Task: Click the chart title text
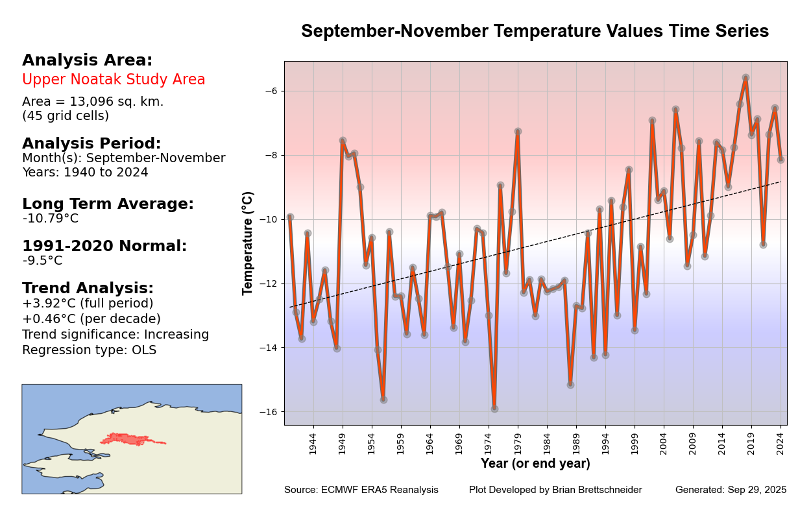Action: pos(535,31)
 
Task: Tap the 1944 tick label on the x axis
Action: pos(313,444)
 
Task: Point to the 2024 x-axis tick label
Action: pos(781,444)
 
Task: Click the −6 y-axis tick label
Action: pos(271,91)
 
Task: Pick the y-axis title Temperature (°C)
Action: pos(248,243)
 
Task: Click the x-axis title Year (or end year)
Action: pos(535,464)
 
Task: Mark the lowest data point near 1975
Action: pos(494,409)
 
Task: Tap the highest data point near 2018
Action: pos(745,77)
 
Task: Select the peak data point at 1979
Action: pos(518,131)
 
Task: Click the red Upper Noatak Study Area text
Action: pos(114,80)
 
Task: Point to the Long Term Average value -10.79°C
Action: pos(51,219)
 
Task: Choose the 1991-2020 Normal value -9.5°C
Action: pos(43,261)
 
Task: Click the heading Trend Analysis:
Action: pos(88,288)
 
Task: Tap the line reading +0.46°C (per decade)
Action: pos(91,319)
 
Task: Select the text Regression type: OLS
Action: pos(89,350)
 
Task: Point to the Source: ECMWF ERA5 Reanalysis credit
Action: pos(361,490)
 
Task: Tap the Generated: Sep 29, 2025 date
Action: pos(731,490)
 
